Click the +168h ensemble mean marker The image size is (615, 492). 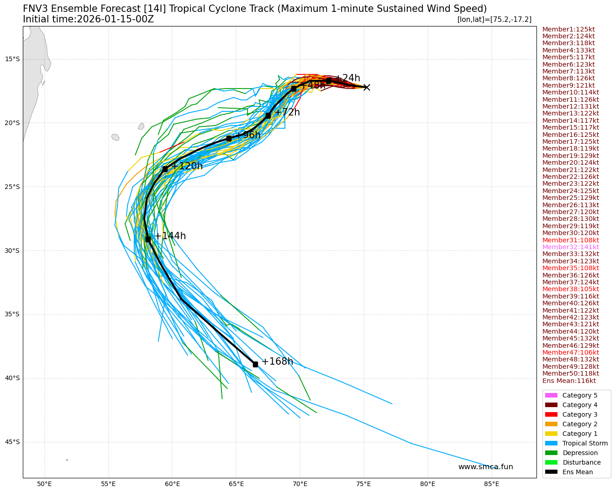[x=255, y=364]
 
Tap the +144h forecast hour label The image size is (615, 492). [x=170, y=236]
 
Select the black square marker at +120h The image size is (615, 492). [x=165, y=169]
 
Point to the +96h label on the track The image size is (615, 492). [x=247, y=135]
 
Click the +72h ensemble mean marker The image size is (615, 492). [x=268, y=115]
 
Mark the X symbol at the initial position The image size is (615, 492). [x=367, y=87]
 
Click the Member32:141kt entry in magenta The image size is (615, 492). [x=570, y=247]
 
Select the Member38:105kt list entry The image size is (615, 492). [x=570, y=289]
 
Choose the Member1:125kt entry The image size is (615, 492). [x=568, y=29]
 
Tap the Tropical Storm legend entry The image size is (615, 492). [x=585, y=443]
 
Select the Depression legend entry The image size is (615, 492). [x=580, y=453]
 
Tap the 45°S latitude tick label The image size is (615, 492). [x=12, y=442]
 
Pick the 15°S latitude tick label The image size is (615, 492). [x=12, y=59]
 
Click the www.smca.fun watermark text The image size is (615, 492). [x=485, y=466]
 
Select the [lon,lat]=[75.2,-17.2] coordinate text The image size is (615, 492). [x=494, y=19]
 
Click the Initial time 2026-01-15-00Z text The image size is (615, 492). [x=88, y=19]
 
